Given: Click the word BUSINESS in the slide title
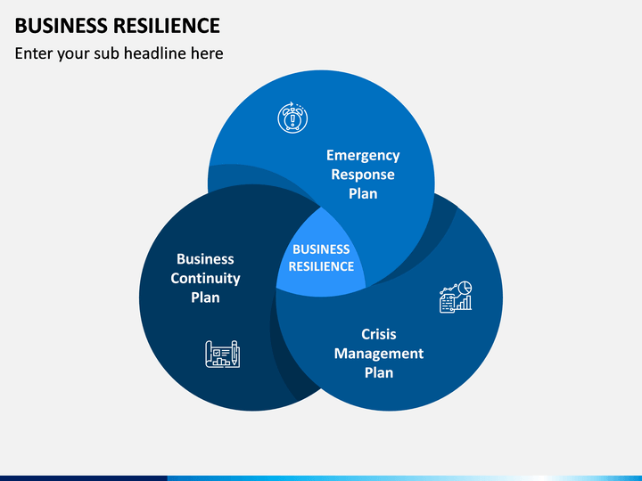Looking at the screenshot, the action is (61, 26).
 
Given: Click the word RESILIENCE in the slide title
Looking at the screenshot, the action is (167, 26).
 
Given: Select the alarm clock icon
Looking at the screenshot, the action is (292, 118).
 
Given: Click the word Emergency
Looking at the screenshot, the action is (363, 155).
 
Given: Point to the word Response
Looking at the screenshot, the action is (363, 175).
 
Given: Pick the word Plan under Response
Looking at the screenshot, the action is (363, 193).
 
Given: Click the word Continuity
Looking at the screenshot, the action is (205, 279).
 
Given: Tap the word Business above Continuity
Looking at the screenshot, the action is (205, 259).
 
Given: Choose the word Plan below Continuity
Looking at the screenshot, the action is (205, 298).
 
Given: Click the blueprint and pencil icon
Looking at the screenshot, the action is (223, 355).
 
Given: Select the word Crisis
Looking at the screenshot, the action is (379, 334).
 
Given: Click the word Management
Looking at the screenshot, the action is (379, 354).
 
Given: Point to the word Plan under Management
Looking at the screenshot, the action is (379, 372).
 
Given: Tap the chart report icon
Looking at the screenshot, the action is (456, 297).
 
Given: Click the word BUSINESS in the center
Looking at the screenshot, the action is (321, 249).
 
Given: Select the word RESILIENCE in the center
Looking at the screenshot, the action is (321, 266).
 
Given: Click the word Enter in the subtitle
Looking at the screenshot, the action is (33, 53).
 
